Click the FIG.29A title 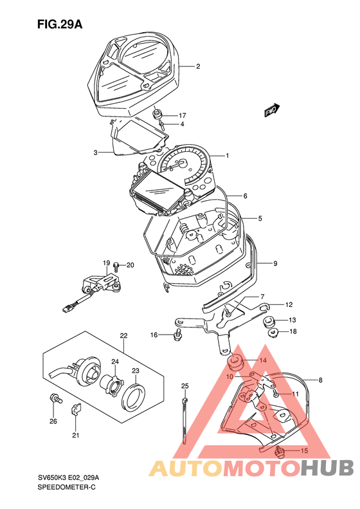pos(60,24)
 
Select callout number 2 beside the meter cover pos(198,66)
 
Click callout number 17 pos(182,116)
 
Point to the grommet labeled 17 pos(158,115)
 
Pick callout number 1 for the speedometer pos(228,156)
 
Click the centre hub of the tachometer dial pos(183,163)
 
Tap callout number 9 pos(275,263)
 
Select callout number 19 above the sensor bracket pos(107,263)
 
